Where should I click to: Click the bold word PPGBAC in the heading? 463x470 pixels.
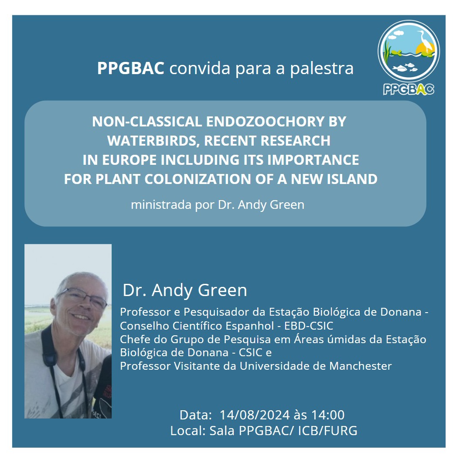pyautogui.click(x=131, y=68)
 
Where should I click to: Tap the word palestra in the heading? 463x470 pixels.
pyautogui.click(x=322, y=68)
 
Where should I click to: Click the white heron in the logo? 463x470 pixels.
pyautogui.click(x=425, y=41)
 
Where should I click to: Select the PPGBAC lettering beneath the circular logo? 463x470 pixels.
pyautogui.click(x=409, y=89)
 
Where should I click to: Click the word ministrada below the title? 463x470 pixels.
pyautogui.click(x=161, y=205)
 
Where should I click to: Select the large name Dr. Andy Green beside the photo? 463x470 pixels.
pyautogui.click(x=185, y=290)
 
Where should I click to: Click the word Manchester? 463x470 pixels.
pyautogui.click(x=361, y=366)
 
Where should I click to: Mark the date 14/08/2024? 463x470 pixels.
pyautogui.click(x=255, y=415)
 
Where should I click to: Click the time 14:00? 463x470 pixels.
pyautogui.click(x=328, y=415)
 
